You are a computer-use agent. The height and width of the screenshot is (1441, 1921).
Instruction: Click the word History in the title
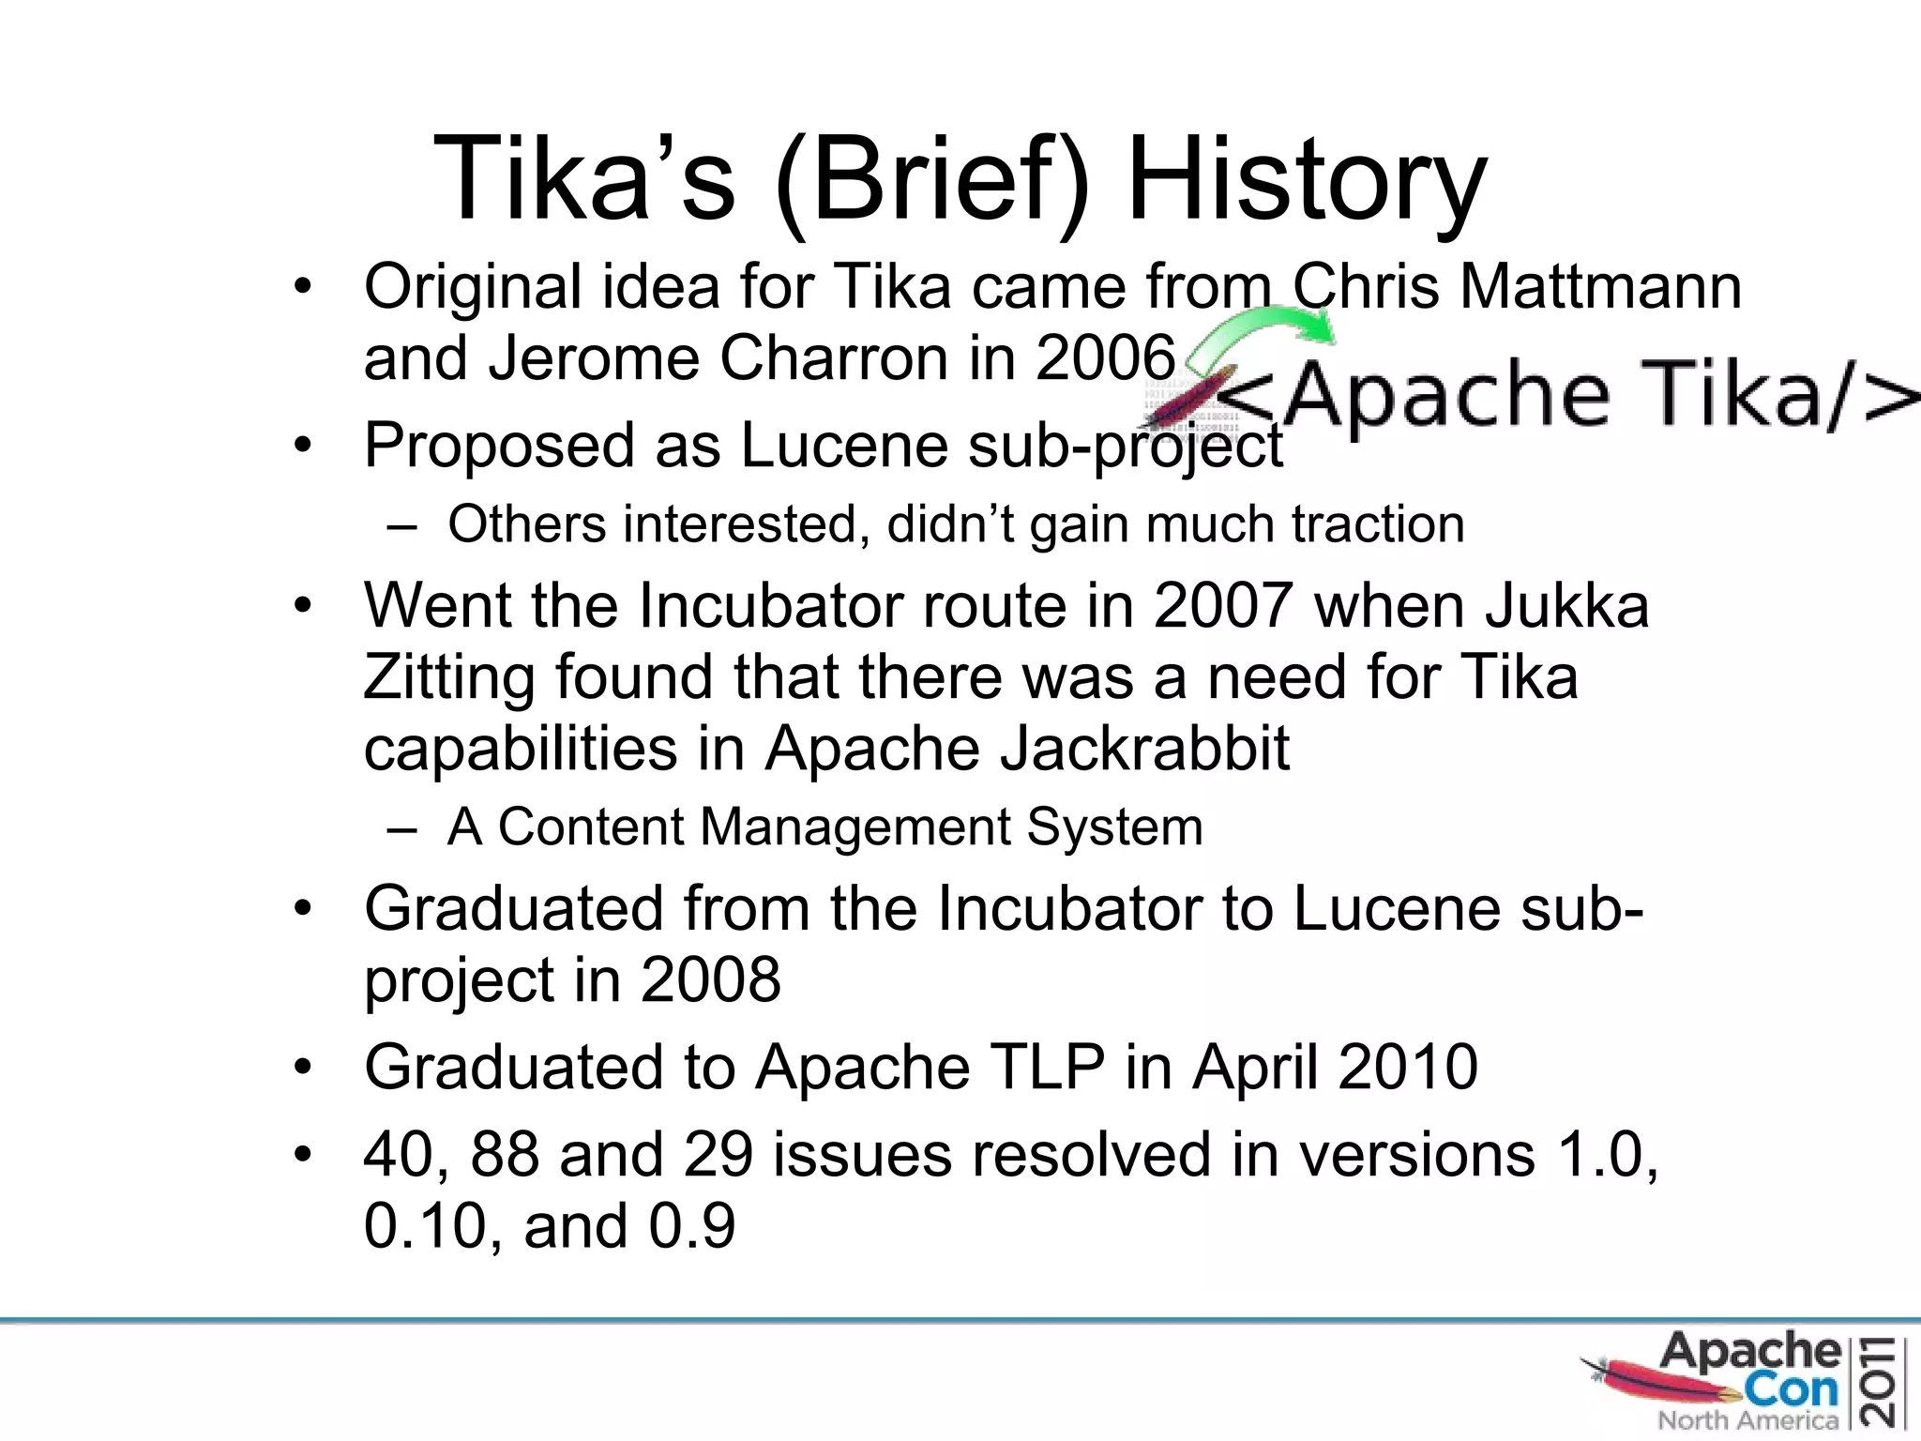pos(1307,180)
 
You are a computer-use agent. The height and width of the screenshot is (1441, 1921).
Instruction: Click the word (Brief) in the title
pos(932,180)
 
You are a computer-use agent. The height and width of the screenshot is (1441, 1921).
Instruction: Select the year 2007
pos(1223,606)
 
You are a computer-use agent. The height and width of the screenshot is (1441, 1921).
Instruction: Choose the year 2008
pos(710,980)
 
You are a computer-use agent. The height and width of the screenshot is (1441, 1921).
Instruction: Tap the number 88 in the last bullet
pos(505,1154)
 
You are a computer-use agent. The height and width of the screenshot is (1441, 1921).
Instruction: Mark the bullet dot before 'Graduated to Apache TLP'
pos(301,1068)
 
